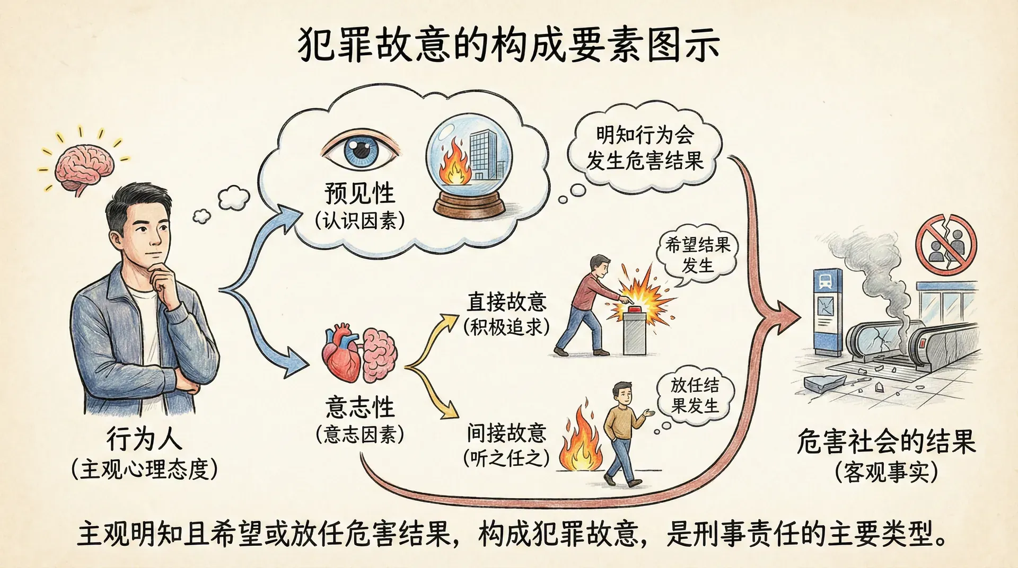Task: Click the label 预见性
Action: pyautogui.click(x=359, y=193)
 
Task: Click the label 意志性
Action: pyautogui.click(x=360, y=408)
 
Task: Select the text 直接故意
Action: pyautogui.click(x=506, y=301)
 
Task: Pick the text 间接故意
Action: pyautogui.click(x=506, y=433)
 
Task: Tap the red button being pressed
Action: pyautogui.click(x=635, y=308)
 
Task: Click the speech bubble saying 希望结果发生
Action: pyautogui.click(x=697, y=255)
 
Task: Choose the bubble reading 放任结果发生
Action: pyautogui.click(x=695, y=395)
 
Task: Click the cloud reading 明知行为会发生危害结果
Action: pyautogui.click(x=644, y=148)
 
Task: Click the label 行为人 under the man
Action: pyautogui.click(x=144, y=439)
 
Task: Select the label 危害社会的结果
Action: pyautogui.click(x=886, y=441)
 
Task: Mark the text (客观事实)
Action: pyautogui.click(x=886, y=472)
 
